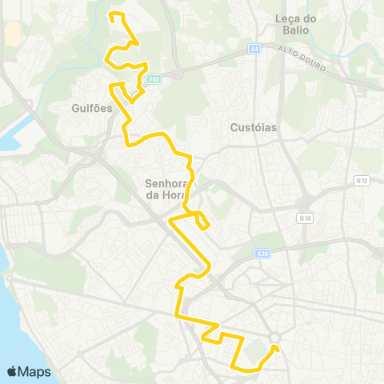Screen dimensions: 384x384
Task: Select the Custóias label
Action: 253,126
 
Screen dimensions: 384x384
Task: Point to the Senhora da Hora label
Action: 166,188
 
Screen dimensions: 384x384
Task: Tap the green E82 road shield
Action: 154,78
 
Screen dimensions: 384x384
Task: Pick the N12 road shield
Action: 361,181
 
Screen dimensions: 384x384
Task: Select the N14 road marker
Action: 304,217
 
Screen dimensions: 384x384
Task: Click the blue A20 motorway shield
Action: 262,254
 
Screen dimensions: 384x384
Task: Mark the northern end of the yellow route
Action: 110,14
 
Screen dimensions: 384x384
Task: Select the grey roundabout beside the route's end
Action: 275,338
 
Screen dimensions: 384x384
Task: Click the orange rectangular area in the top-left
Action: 14,34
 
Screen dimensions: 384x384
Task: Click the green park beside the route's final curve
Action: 258,352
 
